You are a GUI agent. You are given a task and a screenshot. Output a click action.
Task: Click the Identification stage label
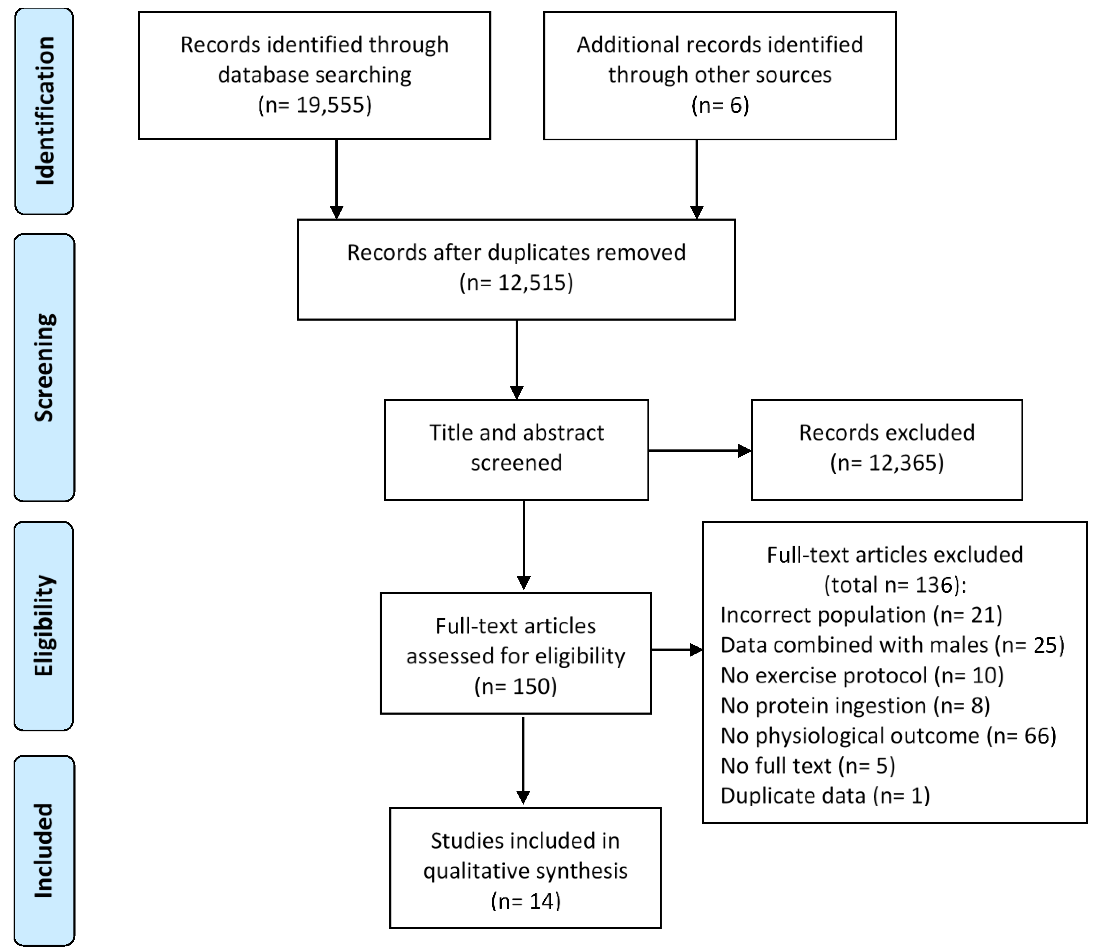click(45, 111)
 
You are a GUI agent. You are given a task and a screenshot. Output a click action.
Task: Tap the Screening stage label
click(45, 368)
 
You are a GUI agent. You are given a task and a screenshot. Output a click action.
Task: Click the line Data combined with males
click(893, 645)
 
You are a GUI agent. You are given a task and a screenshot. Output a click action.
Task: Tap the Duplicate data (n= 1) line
click(825, 796)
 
